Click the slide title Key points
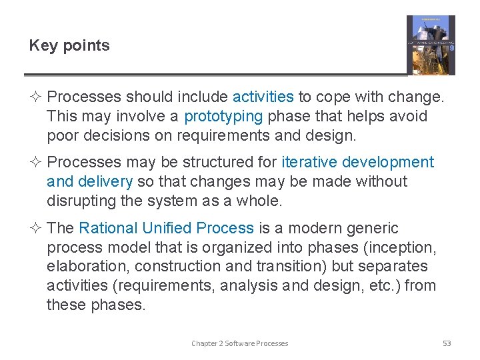tap(69, 46)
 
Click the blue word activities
tap(263, 97)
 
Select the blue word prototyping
tap(223, 117)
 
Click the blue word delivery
tap(106, 181)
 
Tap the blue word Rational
tap(107, 228)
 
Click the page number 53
tap(447, 343)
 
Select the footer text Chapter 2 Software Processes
tap(239, 343)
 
